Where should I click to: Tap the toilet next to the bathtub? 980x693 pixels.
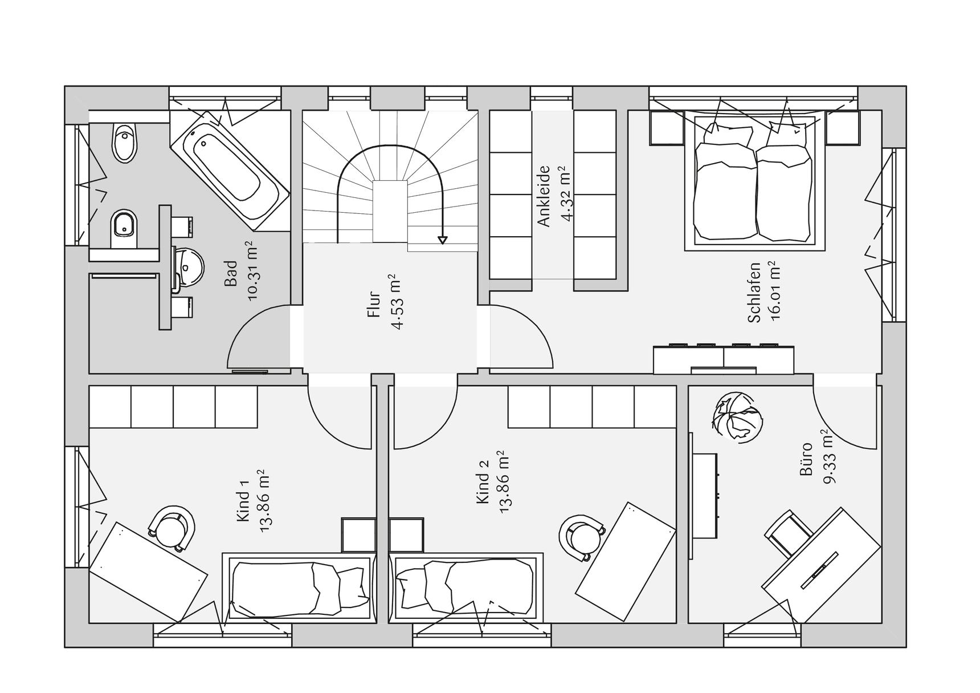point(125,142)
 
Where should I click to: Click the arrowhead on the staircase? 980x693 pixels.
point(442,240)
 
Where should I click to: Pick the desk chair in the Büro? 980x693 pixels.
point(789,533)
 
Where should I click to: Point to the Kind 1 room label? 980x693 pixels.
point(243,501)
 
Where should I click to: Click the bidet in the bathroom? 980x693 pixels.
point(124,225)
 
